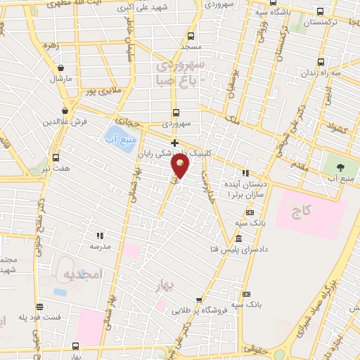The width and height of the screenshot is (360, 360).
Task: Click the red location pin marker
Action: click(x=180, y=165)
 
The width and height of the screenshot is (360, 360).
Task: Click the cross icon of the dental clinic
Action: click(x=174, y=143)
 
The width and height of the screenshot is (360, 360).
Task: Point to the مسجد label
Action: click(x=191, y=46)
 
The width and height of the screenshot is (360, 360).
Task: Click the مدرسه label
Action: click(x=99, y=247)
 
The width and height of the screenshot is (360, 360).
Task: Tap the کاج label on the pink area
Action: click(x=302, y=210)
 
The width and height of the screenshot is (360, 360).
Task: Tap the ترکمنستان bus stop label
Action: click(x=333, y=23)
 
